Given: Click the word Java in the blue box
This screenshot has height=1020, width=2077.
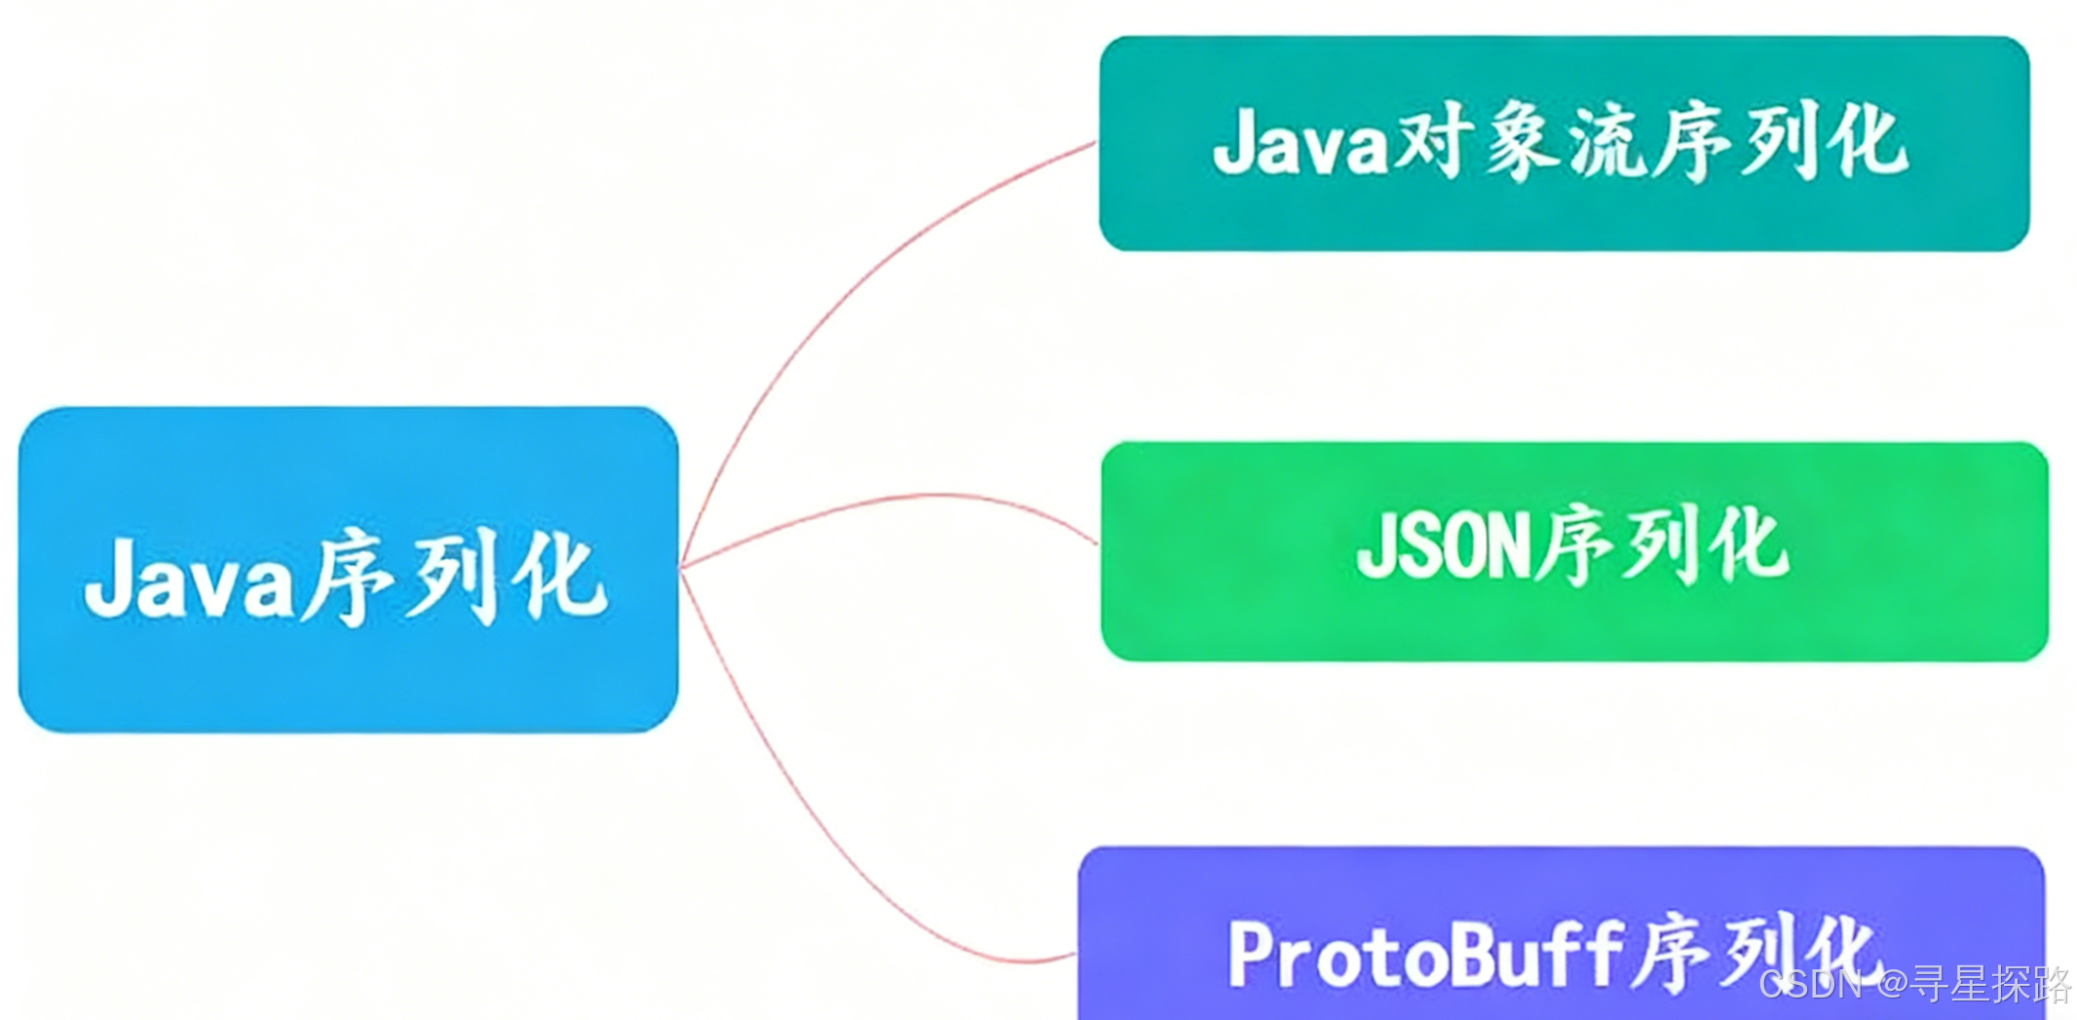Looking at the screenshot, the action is click(x=188, y=580).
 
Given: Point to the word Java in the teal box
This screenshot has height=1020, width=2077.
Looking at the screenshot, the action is click(x=1301, y=144).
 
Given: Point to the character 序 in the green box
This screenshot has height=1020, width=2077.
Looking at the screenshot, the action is click(x=1573, y=546).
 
